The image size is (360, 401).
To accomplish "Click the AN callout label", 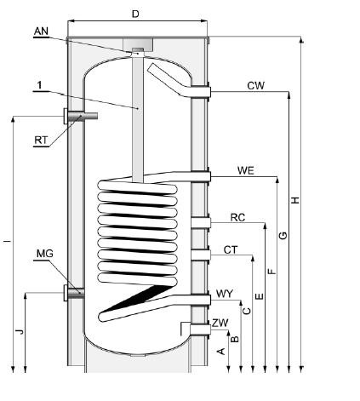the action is pos(41,32).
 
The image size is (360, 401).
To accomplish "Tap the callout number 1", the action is pos(39,85).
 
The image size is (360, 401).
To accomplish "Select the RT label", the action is pos(41,140).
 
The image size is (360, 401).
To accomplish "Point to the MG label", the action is pos(45,254).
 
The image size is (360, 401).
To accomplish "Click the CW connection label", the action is pos(255,86).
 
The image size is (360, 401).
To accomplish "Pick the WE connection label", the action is pos(246,170).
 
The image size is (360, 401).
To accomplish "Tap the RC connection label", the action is pos(237,217).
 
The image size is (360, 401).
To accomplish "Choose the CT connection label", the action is pos(231,249).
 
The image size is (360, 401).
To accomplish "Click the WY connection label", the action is pos(225,294).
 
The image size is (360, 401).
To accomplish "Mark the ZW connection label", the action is pos(220,323).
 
